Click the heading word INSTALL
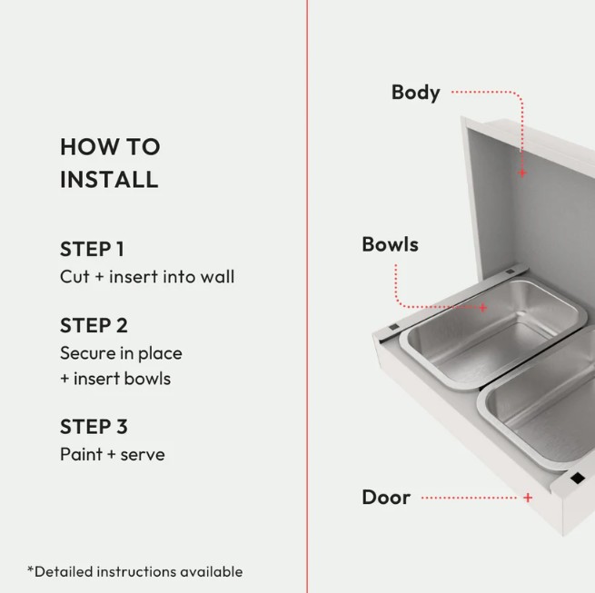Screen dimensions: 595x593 coord(109,180)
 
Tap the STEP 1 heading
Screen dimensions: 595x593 coord(93,249)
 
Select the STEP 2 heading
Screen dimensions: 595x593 coord(94,325)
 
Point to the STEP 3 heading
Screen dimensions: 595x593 coord(94,427)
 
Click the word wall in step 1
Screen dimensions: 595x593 coord(217,277)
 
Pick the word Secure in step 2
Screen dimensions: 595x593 coord(88,353)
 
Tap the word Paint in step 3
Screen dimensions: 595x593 coord(81,454)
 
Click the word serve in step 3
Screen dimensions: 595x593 coord(143,455)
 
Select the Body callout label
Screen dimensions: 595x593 coord(415,93)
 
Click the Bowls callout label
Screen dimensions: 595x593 coord(390,244)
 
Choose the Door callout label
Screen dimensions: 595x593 coord(386,498)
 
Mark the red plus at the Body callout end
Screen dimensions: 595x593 coord(522,173)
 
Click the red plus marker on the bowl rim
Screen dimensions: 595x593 coord(482,308)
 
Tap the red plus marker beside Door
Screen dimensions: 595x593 coord(528,498)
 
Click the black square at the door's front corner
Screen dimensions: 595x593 coord(577,478)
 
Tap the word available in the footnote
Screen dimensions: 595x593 coord(212,572)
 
